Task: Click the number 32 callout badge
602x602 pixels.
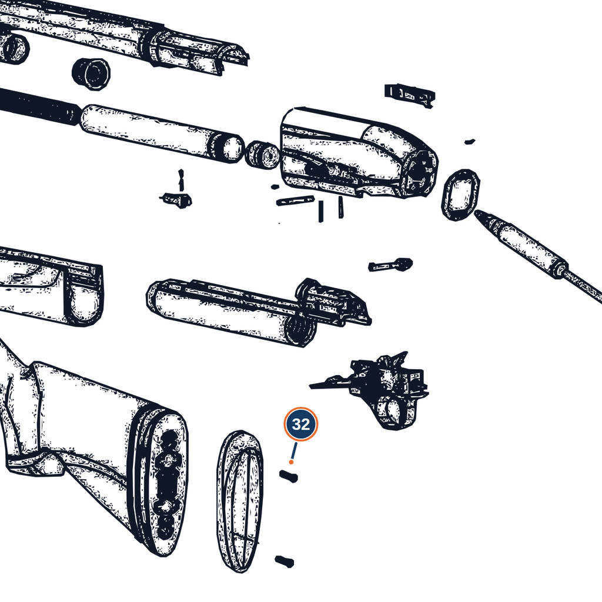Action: [300, 424]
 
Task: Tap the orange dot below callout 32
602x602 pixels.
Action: [292, 462]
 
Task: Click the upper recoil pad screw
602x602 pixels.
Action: [288, 476]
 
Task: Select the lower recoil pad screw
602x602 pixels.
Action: [285, 561]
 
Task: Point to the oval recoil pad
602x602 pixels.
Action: [240, 501]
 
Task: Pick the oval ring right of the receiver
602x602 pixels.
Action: [461, 195]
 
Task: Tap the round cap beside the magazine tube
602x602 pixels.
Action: [262, 155]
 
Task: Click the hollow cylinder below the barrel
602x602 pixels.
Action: [91, 74]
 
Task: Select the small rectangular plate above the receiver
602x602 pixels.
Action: [410, 95]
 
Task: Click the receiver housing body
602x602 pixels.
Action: [359, 153]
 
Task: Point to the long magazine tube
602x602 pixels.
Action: [161, 133]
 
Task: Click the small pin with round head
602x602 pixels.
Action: [390, 265]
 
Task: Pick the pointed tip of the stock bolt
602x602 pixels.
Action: [476, 212]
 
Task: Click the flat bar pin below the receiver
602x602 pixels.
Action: [295, 201]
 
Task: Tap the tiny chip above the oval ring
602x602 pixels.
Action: [470, 142]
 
